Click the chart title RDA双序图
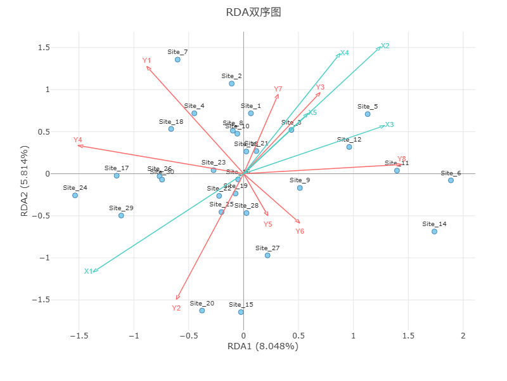coord(253,13)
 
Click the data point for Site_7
coord(177,60)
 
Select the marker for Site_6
coord(451,180)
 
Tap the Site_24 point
coord(75,195)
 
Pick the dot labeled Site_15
coord(241,312)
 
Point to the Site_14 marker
coord(434,231)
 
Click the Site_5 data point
coord(368,114)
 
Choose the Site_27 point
coord(267,255)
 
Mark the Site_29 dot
coord(121,215)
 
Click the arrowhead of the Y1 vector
coord(147,67)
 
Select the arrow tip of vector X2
coord(380,46)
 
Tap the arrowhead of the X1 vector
coord(93,272)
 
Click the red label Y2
coord(176,308)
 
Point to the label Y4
coord(78,140)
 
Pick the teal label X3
coord(389,124)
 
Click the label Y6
coord(300,231)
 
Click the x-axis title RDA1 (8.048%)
coord(262,346)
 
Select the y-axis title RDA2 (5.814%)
coord(25,181)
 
